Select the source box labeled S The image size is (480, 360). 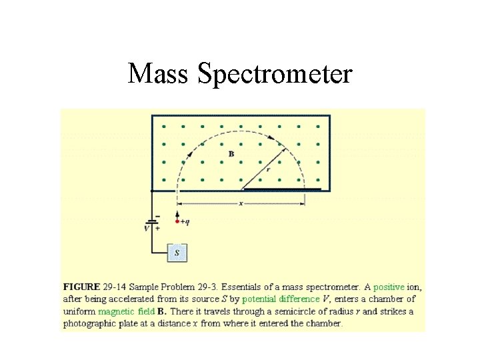point(177,253)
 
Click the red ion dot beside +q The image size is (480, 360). point(177,220)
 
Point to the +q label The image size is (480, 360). point(185,221)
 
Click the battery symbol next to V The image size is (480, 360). point(153,221)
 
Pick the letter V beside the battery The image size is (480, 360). point(147,227)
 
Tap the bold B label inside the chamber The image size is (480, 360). point(231,154)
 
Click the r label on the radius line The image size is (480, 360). point(268,170)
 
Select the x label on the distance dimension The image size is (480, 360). point(241,203)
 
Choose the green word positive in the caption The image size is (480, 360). point(389,287)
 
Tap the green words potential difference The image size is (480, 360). point(281,299)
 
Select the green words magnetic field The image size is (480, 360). point(126,311)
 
